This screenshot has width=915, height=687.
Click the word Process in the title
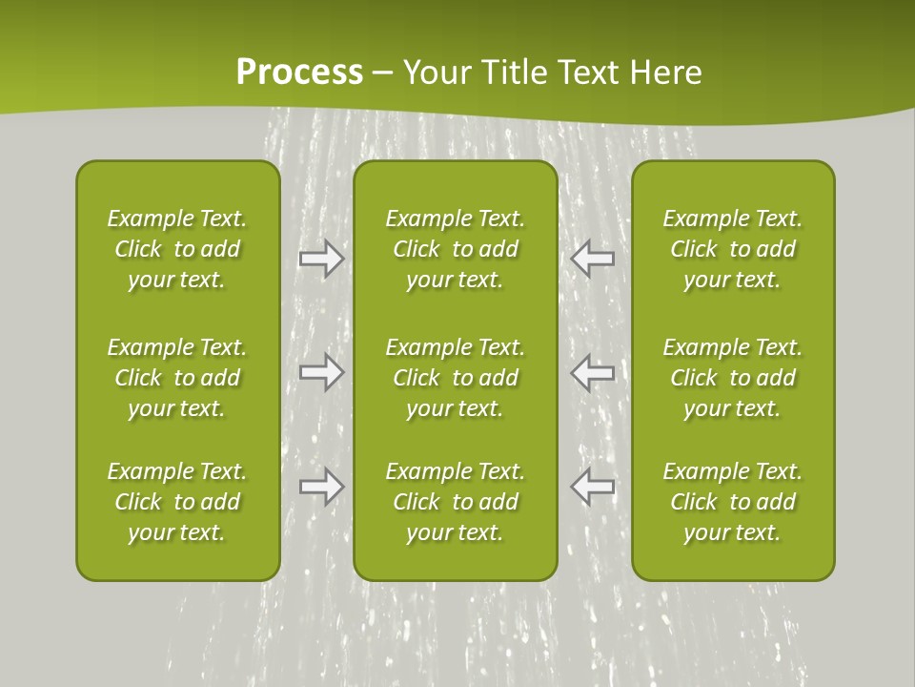[x=299, y=73]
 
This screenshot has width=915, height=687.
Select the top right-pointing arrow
[x=321, y=259]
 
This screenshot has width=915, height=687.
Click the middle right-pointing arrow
[x=321, y=372]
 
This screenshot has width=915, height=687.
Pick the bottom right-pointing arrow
[x=321, y=487]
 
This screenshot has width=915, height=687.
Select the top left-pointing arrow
[x=593, y=258]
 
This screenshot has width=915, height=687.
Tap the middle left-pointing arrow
[x=593, y=372]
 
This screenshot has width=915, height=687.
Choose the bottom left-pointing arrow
[x=593, y=487]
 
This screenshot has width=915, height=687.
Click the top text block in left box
[x=177, y=249]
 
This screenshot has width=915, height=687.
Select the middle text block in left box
[x=177, y=378]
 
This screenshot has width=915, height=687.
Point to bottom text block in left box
[x=177, y=502]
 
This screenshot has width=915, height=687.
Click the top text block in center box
[x=456, y=249]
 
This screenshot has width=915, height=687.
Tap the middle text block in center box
[x=456, y=378]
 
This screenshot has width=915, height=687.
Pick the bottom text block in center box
[x=456, y=502]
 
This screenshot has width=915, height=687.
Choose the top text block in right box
[x=733, y=249]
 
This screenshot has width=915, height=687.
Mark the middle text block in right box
[x=733, y=378]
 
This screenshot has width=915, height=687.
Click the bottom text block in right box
[x=733, y=502]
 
